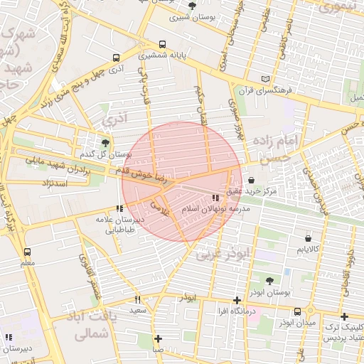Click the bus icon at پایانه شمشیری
coord(164,43)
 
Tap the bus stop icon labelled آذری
coord(116,58)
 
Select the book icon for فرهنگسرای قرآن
coord(266,79)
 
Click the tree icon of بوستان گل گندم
coord(95,142)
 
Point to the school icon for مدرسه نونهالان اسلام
coord(215,198)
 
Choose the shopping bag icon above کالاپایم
coord(308,238)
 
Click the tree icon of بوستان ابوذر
coord(269,281)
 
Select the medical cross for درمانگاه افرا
coord(237,300)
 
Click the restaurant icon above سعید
coord(138,299)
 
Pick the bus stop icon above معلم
coord(27,252)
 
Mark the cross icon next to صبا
coord(158,338)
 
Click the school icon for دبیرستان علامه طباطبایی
coord(119,208)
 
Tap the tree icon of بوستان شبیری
coord(193,6)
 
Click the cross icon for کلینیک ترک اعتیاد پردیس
coord(344,316)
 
